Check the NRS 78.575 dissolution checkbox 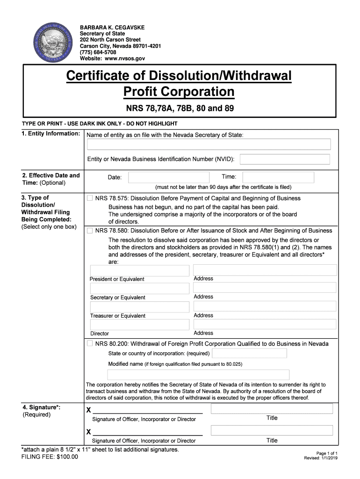pos(90,198)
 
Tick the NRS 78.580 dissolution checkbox pos(90,231)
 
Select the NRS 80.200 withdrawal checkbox pos(90,344)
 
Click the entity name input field pos(209,144)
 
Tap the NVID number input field pos(285,160)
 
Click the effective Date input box pos(169,177)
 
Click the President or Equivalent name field pos(139,270)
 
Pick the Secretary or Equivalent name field pos(139,289)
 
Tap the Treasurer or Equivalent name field pos(139,307)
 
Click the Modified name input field pos(198,375)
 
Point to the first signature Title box pos(272,409)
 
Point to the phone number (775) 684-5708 pos(98,52)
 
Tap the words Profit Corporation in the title pos(179,92)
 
